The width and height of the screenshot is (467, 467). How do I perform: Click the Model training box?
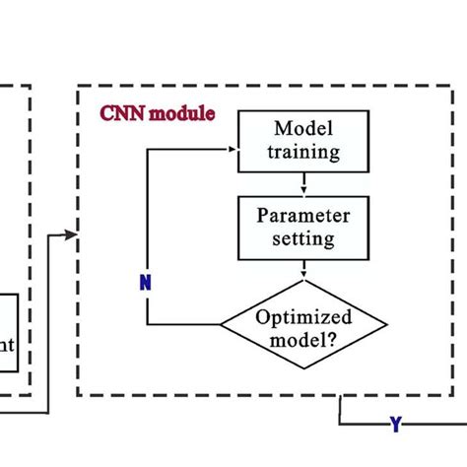pyautogui.click(x=305, y=141)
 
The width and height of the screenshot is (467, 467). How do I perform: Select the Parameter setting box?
pyautogui.click(x=304, y=226)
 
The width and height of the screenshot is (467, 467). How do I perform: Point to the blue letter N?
pyautogui.click(x=145, y=283)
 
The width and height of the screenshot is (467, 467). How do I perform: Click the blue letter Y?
pyautogui.click(x=395, y=425)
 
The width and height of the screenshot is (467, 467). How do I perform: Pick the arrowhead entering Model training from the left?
pyautogui.click(x=235, y=151)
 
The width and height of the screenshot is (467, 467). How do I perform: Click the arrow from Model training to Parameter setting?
pyautogui.click(x=304, y=183)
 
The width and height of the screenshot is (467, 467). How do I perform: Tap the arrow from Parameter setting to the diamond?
pyautogui.click(x=304, y=268)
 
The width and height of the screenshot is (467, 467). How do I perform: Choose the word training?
pyautogui.click(x=305, y=152)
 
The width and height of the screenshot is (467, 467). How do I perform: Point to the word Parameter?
pyautogui.click(x=304, y=215)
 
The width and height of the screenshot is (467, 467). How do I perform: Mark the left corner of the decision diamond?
pyautogui.click(x=221, y=325)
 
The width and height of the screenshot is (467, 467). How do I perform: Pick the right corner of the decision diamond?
pyautogui.click(x=387, y=325)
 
